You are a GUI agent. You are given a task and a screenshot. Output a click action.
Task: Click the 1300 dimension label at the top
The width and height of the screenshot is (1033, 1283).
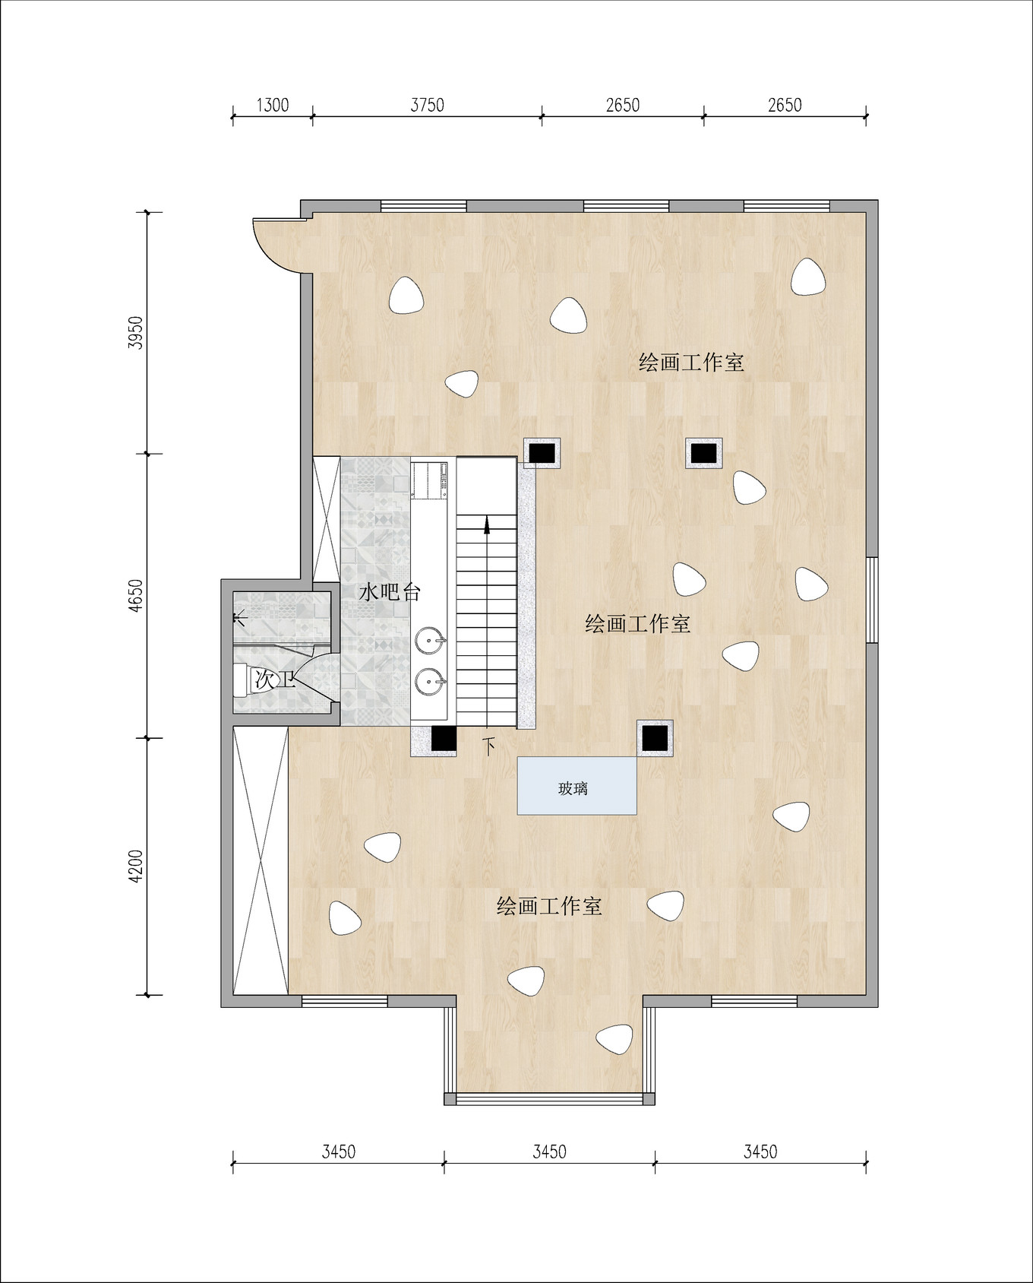(272, 105)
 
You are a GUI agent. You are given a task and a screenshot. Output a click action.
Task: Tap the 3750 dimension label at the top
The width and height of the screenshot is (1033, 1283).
(427, 105)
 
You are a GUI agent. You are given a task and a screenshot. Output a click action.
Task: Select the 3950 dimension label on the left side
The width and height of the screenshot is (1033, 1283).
(136, 332)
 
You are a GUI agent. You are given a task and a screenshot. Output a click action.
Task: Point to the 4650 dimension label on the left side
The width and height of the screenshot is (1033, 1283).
(136, 595)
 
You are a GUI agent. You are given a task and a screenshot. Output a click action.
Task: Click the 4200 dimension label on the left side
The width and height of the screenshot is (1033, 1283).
(136, 866)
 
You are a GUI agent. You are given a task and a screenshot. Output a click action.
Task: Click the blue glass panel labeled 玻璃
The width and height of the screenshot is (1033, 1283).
(577, 786)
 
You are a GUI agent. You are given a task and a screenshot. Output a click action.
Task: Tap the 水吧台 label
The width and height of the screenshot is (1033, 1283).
(390, 592)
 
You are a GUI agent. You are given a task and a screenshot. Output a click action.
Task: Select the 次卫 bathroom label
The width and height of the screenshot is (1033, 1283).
(274, 679)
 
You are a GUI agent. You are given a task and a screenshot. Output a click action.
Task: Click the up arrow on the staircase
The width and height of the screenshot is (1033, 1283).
(487, 524)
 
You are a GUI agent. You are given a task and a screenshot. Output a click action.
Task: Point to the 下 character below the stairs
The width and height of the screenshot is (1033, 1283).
(490, 746)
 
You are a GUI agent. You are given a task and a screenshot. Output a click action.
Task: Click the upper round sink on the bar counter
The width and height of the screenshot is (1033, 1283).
(430, 641)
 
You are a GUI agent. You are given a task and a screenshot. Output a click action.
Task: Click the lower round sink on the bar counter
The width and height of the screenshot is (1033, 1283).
(430, 681)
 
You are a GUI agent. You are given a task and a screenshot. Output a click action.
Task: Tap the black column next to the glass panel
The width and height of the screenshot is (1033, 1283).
(655, 737)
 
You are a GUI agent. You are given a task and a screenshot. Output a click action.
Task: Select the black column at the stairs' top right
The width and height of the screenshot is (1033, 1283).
(542, 453)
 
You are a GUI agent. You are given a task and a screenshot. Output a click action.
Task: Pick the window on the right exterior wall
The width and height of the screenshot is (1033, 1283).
(872, 600)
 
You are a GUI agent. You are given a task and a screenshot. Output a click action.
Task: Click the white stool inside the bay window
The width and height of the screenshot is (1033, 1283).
(614, 1038)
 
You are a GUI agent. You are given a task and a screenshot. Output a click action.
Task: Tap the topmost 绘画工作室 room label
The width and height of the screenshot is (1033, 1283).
(690, 363)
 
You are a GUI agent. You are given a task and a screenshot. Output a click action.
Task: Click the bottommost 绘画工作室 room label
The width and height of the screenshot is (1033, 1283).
(548, 906)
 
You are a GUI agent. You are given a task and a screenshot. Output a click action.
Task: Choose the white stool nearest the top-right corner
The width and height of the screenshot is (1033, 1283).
(807, 277)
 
